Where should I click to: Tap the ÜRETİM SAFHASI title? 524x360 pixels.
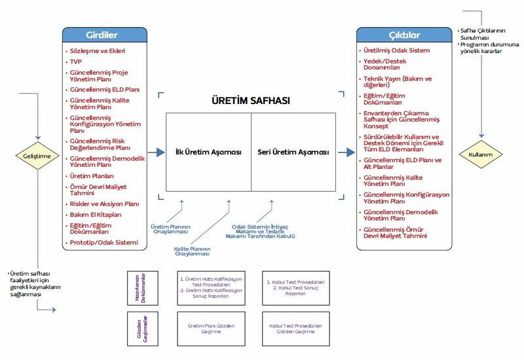[x=251, y=101]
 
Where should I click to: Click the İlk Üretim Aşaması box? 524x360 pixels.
[x=208, y=152]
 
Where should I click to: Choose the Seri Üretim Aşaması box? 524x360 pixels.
[x=293, y=152]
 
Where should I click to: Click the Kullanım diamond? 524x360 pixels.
[x=481, y=154]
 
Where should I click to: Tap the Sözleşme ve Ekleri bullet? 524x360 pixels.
[x=98, y=50]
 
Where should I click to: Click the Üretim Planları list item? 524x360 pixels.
[x=92, y=177]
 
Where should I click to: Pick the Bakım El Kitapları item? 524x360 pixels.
[x=96, y=214]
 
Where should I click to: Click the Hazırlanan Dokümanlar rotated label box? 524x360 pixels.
[x=143, y=289]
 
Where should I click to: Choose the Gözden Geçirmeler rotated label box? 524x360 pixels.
[x=143, y=329]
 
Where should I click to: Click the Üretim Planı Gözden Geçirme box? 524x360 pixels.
[x=211, y=329]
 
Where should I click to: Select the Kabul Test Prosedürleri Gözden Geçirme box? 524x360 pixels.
[x=296, y=329]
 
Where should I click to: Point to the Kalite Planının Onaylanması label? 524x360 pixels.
[x=191, y=251]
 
